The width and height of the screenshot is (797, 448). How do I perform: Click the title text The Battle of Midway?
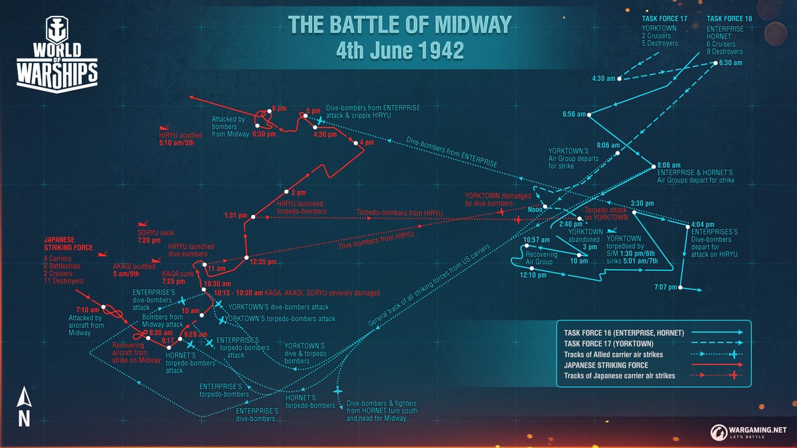click(x=399, y=25)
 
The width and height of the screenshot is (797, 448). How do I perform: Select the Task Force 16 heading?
click(x=729, y=18)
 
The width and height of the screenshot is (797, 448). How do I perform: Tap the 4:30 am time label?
click(x=604, y=78)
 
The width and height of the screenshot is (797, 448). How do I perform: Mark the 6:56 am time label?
click(x=574, y=114)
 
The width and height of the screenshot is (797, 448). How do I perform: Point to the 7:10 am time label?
click(x=88, y=309)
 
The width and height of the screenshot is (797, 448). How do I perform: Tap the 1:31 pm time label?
click(x=236, y=216)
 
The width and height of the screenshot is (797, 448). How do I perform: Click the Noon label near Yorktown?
click(x=535, y=209)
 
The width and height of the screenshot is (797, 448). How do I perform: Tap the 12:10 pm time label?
click(x=533, y=275)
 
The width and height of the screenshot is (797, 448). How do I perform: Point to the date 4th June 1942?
click(x=399, y=51)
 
